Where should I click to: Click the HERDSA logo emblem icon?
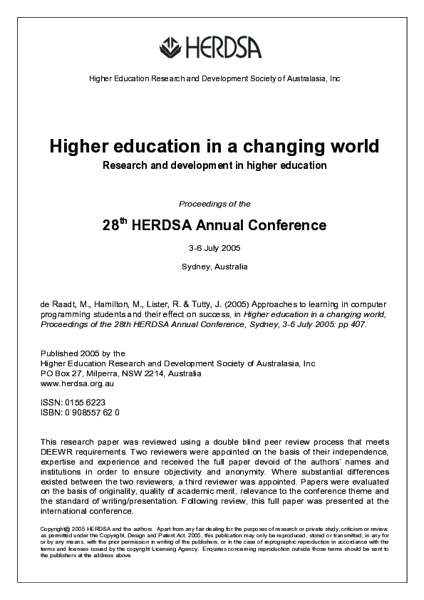(171, 46)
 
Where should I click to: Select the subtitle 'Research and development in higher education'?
(214, 165)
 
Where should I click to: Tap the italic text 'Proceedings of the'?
(214, 204)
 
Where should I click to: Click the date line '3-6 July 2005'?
(214, 249)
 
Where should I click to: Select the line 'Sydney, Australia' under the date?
(214, 267)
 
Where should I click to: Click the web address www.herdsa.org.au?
(73, 383)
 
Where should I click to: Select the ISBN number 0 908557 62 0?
(92, 412)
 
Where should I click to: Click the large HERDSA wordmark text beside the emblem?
(223, 47)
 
